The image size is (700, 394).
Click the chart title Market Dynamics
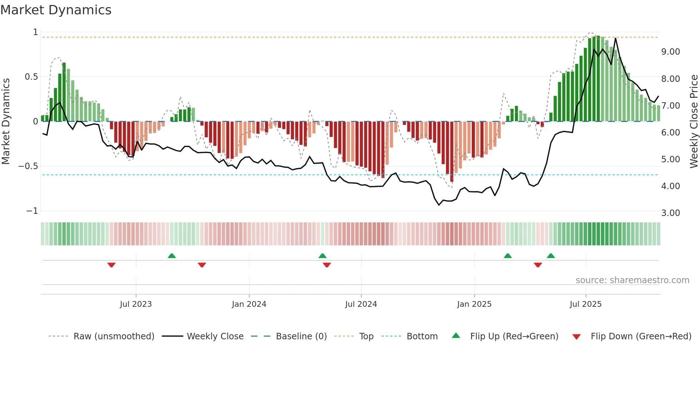[x=56, y=10]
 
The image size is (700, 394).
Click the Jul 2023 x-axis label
[x=136, y=304]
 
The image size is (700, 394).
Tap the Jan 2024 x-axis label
[x=249, y=304]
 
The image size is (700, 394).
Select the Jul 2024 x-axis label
[x=361, y=304]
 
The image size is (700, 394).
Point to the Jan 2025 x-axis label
[x=474, y=304]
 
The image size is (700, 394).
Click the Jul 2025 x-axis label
[x=585, y=304]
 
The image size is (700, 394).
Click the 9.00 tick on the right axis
[x=670, y=52]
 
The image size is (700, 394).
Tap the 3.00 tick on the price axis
[x=670, y=213]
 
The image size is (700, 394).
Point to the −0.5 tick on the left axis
[x=28, y=166]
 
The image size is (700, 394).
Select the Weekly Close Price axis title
[x=694, y=122]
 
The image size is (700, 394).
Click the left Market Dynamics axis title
[x=6, y=122]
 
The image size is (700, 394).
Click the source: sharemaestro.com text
[x=632, y=280]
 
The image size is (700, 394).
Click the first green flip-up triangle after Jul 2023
[x=172, y=256]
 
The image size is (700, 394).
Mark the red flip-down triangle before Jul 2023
[x=111, y=265]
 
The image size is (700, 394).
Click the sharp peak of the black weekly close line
[x=615, y=38]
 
